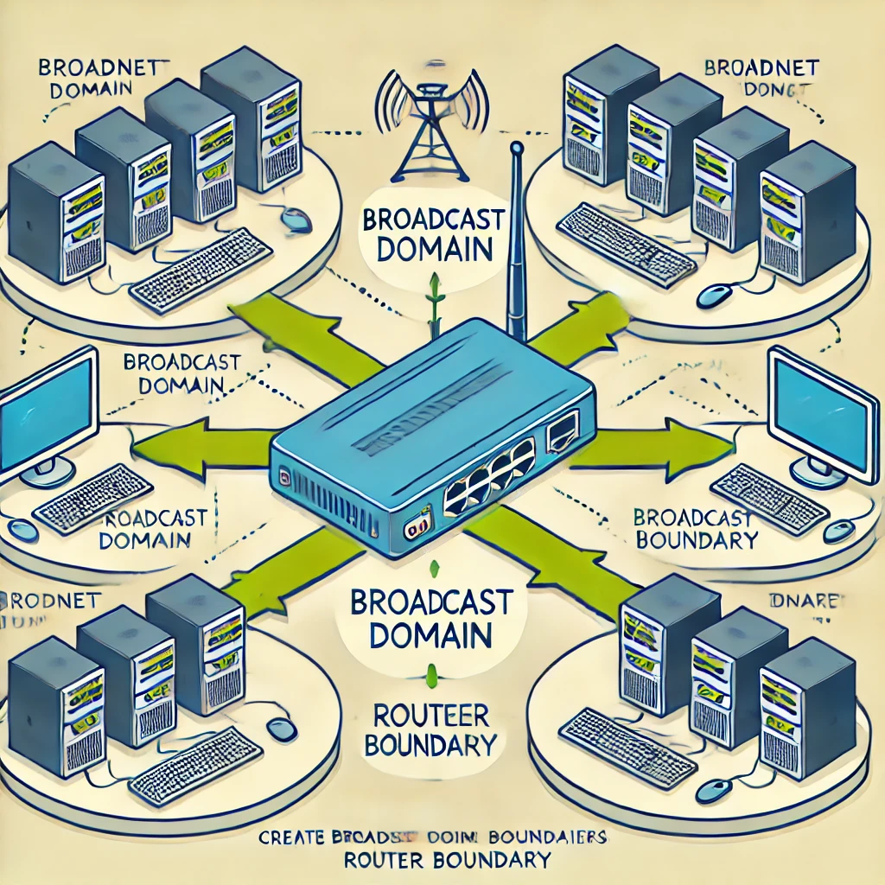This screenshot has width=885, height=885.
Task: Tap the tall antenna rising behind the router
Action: coord(517,242)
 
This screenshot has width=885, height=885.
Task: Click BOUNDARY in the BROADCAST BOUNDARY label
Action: coord(696,541)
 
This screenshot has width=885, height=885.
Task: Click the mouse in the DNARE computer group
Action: coord(714,788)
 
